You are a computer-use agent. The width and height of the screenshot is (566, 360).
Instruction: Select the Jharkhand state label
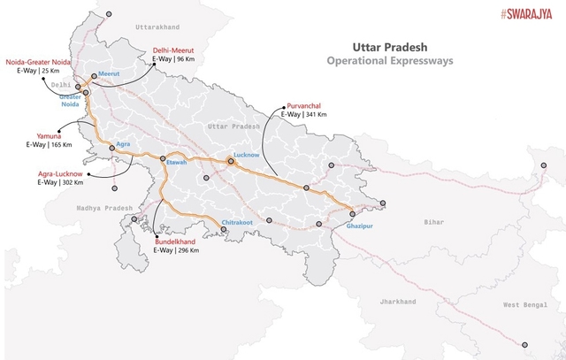[x=398, y=302]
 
